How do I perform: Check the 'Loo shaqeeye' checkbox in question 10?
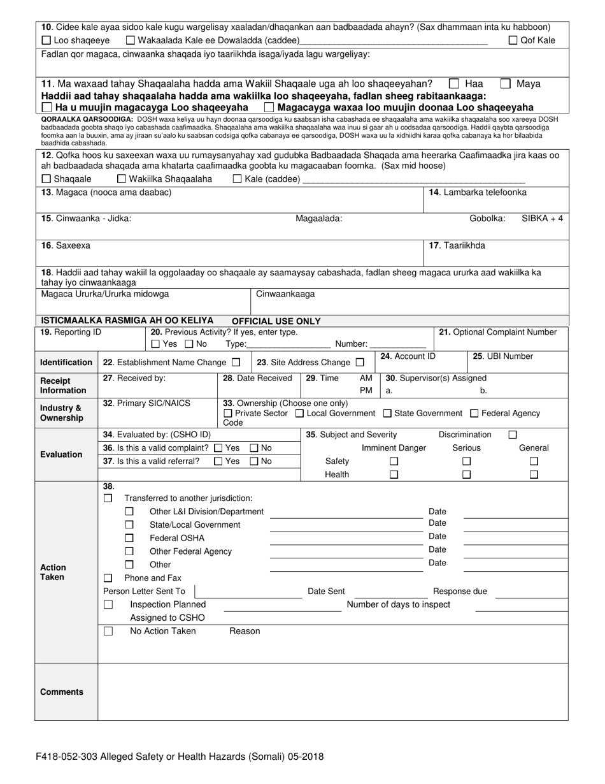coord(46,41)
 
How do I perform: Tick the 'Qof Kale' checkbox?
coord(513,41)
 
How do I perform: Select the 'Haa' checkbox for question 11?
coord(454,83)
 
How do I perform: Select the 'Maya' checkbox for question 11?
coord(505,83)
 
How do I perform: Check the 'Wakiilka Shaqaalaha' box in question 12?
coord(122,179)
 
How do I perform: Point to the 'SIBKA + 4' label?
coord(542,218)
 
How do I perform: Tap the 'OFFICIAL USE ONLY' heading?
coord(276,321)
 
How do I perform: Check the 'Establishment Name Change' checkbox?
coord(236,362)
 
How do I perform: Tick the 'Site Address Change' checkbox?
coord(360,362)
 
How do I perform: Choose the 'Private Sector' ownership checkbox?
coord(228,414)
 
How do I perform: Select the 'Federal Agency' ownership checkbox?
coord(474,414)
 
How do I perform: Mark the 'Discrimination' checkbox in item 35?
coord(513,435)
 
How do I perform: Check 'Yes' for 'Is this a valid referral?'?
coord(218,461)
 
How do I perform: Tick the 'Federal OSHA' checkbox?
coord(129,538)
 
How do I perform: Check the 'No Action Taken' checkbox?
coord(108,631)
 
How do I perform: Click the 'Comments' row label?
coord(62,692)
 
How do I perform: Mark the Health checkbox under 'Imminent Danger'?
coord(394,474)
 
